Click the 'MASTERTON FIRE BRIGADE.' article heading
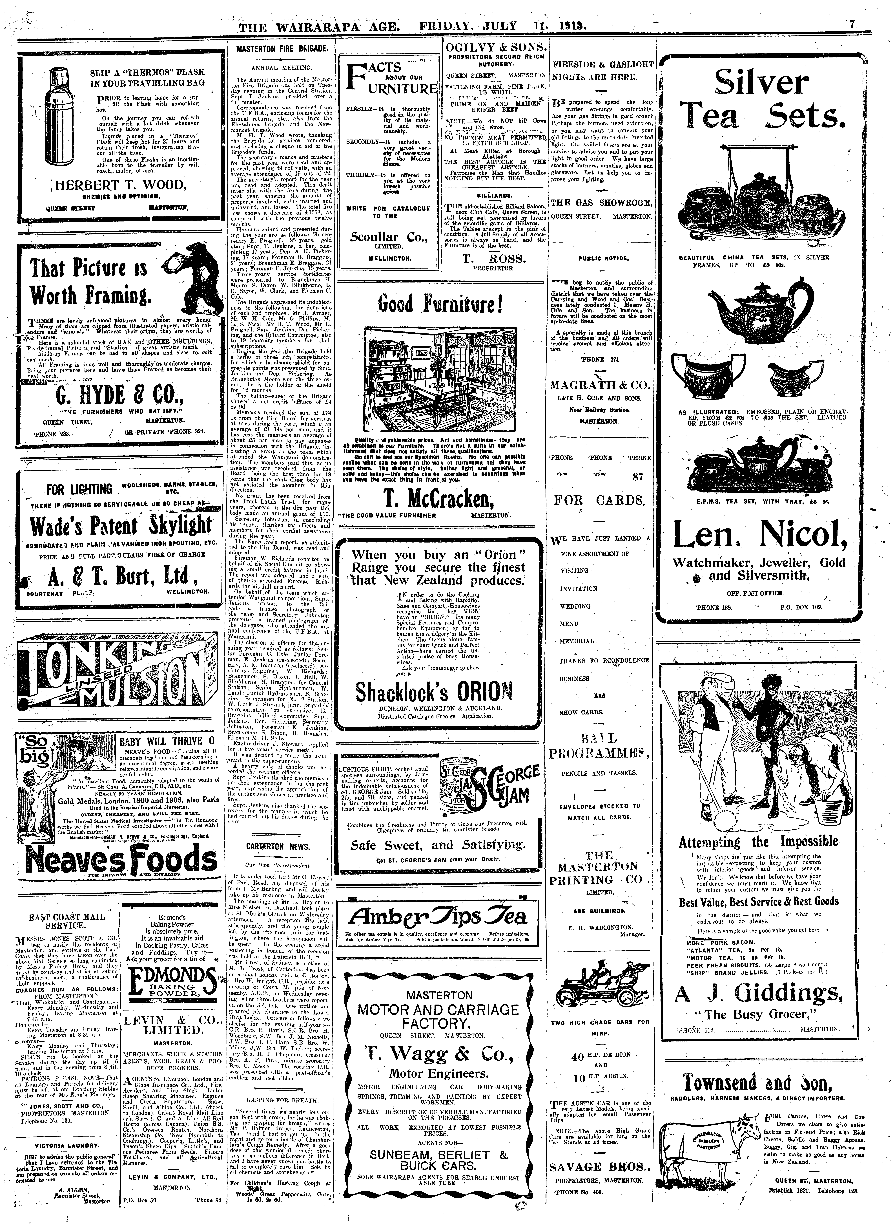point(282,49)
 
